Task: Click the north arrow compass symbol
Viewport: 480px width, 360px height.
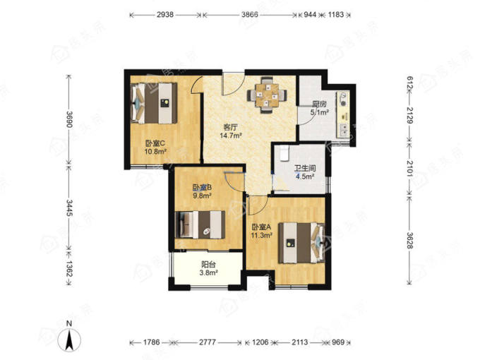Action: [x=70, y=340]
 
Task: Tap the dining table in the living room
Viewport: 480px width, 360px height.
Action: [x=268, y=95]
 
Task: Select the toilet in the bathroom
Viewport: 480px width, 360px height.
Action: [x=284, y=153]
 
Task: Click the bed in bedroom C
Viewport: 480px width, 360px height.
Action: [x=154, y=103]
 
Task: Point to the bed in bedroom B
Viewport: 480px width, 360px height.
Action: [x=200, y=224]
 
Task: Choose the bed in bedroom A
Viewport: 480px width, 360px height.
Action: [x=301, y=243]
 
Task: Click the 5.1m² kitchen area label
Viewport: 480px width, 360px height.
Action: [x=320, y=113]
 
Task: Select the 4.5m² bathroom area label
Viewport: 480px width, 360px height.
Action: [x=305, y=176]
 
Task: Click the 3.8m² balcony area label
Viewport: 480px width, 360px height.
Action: [x=208, y=272]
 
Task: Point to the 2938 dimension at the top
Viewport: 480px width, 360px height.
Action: [x=165, y=14]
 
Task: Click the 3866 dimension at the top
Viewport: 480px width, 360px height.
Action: [x=249, y=14]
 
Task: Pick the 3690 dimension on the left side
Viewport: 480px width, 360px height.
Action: [x=70, y=120]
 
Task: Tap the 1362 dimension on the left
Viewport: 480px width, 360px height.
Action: [x=70, y=269]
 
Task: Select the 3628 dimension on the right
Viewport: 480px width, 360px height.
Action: [x=410, y=241]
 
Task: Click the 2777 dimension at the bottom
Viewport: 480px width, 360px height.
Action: [x=208, y=342]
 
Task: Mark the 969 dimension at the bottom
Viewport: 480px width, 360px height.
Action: [x=338, y=342]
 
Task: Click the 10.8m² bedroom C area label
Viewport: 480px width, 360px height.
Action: [x=155, y=151]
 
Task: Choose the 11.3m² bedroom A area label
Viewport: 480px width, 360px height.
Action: [x=262, y=235]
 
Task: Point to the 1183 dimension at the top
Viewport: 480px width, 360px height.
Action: [x=336, y=14]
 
